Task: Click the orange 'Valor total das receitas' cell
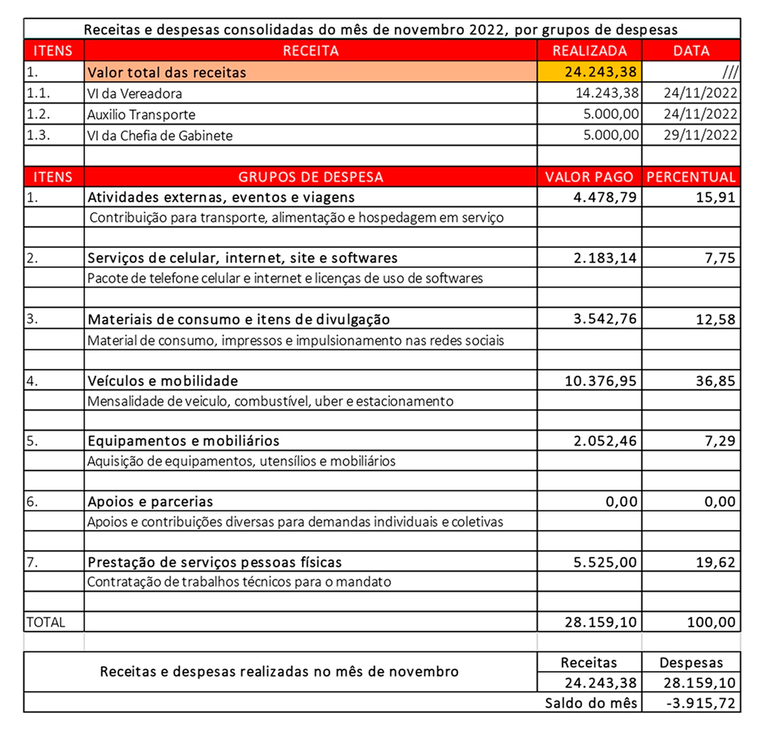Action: (x=311, y=72)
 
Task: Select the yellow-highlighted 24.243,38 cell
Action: (x=590, y=72)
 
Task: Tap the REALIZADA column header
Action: (x=590, y=51)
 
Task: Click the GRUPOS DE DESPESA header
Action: (x=311, y=176)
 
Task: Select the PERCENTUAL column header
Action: (x=691, y=176)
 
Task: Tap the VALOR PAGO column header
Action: (x=590, y=176)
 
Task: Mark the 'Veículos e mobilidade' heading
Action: (x=163, y=380)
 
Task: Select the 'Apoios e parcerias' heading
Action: (x=150, y=502)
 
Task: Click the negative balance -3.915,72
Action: (x=701, y=703)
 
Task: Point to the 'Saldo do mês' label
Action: (x=591, y=703)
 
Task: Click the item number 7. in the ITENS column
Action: (x=33, y=562)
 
